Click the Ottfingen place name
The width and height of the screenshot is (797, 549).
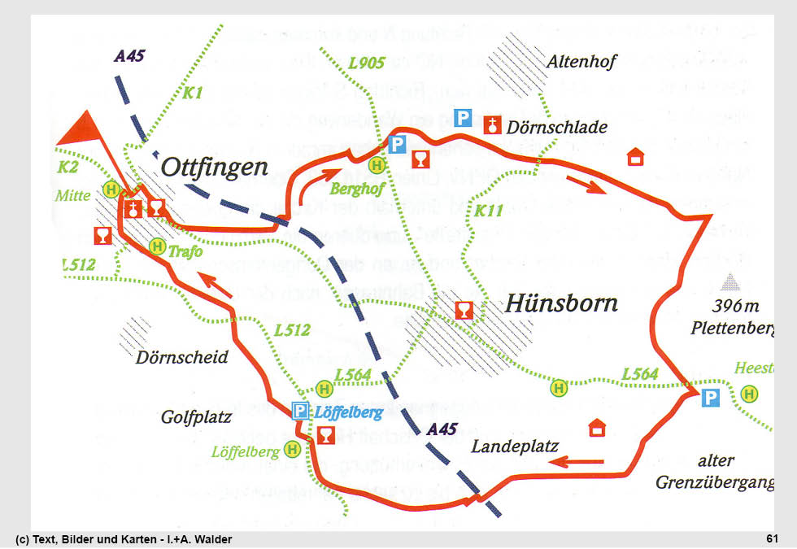pos(215,168)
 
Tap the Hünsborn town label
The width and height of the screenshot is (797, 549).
pos(561,303)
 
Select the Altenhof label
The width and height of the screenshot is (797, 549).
pos(582,61)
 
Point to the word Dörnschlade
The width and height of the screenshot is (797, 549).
pos(556,128)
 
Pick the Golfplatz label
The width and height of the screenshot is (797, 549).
pos(197,417)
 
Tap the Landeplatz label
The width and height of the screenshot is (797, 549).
pos(514,446)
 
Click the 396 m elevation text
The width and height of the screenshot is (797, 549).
pos(734,307)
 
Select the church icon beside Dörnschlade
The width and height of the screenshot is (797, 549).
pos(491,124)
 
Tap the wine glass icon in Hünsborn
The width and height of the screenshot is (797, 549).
pos(463,311)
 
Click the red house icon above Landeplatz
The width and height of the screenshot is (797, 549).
pos(598,427)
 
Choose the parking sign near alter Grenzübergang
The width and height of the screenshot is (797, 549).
pos(711,398)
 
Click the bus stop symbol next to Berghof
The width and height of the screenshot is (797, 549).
pos(377,165)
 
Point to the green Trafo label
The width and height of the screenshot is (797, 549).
pos(185,252)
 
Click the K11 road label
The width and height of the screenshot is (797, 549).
pos(489,211)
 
